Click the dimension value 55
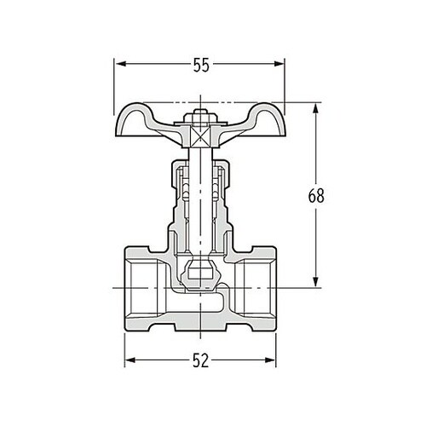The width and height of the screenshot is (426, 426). point(201,66)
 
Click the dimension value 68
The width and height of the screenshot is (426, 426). point(316,195)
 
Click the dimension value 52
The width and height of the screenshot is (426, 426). point(201,360)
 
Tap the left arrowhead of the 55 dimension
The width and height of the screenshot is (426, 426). point(119,65)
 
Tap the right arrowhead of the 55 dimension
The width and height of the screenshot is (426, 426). point(284,65)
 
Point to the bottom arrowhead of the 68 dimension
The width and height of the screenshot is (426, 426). point(316,285)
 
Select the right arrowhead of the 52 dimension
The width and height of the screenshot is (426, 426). point(273,360)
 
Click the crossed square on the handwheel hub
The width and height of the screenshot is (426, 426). point(201,135)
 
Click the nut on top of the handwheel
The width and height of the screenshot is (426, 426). point(201,117)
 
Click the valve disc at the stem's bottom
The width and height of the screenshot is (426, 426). point(201,274)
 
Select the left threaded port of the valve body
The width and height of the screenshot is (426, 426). point(141,291)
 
